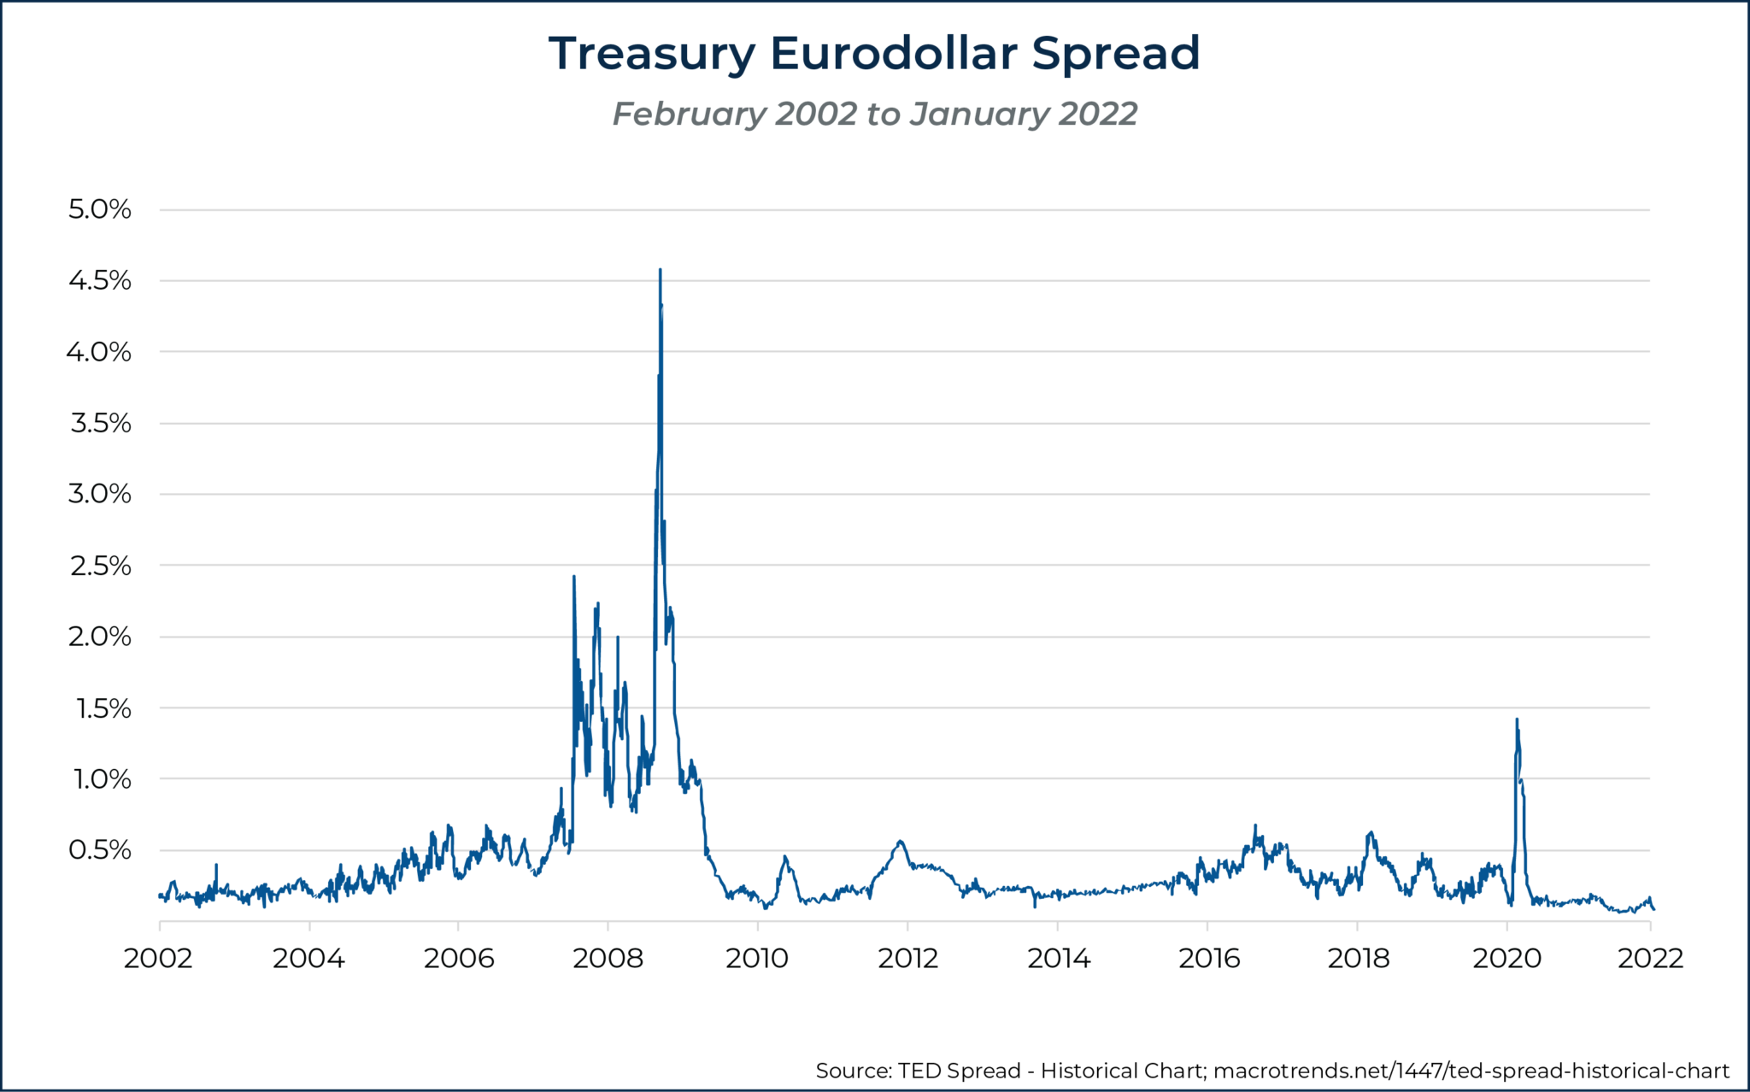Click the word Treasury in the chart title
pyautogui.click(x=651, y=54)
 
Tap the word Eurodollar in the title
pyautogui.click(x=893, y=53)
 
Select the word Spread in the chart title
pyautogui.click(x=1116, y=54)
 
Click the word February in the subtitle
pyautogui.click(x=690, y=114)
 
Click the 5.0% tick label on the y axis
pyautogui.click(x=100, y=209)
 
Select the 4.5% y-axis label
pyautogui.click(x=100, y=280)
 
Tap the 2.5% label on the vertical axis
pyautogui.click(x=100, y=566)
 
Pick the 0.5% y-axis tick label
pyautogui.click(x=100, y=850)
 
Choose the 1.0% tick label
pyautogui.click(x=100, y=779)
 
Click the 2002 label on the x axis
pyautogui.click(x=158, y=958)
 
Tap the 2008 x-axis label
pyautogui.click(x=608, y=958)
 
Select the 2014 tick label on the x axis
pyautogui.click(x=1058, y=958)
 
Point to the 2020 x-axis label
pyautogui.click(x=1507, y=958)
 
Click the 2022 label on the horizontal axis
pyautogui.click(x=1650, y=958)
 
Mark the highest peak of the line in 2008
pyautogui.click(x=660, y=270)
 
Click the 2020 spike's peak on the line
pyautogui.click(x=1517, y=719)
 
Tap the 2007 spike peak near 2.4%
pyautogui.click(x=573, y=577)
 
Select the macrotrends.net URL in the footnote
pyautogui.click(x=1471, y=1071)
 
